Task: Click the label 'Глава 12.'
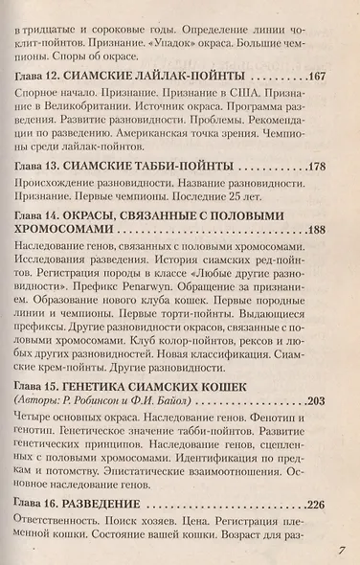(43, 76)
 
